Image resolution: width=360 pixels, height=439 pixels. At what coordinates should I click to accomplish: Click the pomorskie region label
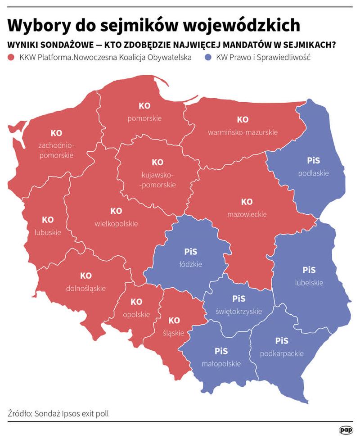[144, 119]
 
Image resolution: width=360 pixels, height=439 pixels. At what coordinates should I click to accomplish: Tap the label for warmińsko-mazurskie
[243, 132]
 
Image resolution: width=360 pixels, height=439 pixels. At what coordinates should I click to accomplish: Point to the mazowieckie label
[247, 214]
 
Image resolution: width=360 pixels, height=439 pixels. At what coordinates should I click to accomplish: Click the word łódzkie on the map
[191, 264]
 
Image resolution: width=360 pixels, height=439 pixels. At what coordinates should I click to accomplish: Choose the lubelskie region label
[309, 283]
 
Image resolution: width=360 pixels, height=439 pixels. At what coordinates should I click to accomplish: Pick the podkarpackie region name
[282, 353]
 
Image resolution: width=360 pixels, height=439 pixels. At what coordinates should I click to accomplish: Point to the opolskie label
[136, 314]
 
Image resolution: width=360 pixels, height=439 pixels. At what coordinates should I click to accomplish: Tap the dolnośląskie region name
[85, 288]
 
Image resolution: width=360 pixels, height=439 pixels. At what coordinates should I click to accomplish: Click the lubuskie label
[48, 233]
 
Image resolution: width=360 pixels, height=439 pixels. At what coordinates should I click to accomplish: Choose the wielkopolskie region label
[116, 223]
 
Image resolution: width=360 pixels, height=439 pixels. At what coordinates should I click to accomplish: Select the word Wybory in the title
[33, 26]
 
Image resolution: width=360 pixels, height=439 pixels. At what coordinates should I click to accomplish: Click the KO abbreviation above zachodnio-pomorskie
[56, 133]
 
